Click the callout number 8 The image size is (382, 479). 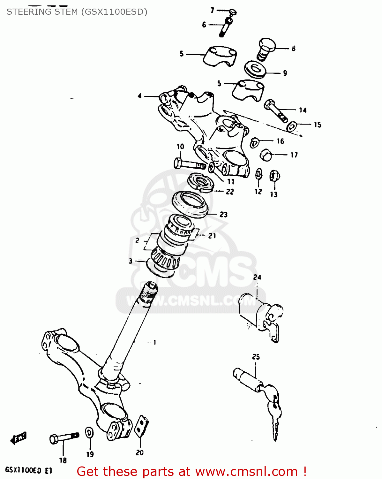tap(293, 48)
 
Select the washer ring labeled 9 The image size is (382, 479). tap(255, 69)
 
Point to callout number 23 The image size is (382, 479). tap(223, 215)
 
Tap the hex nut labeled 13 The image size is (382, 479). tap(274, 176)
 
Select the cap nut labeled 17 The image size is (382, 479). tap(266, 155)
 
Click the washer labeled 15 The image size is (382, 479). tap(292, 126)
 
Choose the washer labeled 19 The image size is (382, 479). tap(89, 433)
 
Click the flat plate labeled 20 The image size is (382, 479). tap(141, 426)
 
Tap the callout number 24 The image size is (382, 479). tap(257, 277)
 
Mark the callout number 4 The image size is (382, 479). tap(139, 96)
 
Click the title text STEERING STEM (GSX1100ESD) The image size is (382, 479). tap(77, 12)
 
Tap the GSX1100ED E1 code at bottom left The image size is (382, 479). tap(28, 470)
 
